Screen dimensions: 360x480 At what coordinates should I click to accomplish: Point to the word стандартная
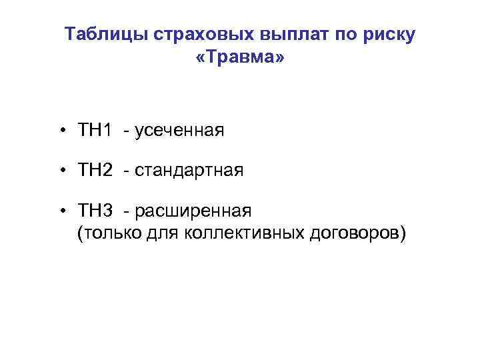[x=189, y=171]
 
